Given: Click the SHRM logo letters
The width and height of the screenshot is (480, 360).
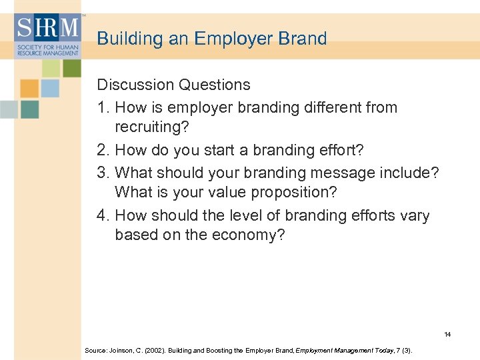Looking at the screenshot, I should pos(47,29).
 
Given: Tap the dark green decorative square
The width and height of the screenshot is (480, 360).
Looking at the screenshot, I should pos(71,68).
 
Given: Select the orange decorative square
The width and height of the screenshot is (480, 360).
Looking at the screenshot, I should pos(29,88).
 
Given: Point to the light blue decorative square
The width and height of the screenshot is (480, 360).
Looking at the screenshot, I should pos(50,88).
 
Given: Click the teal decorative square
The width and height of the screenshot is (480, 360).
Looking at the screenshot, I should pos(29,109).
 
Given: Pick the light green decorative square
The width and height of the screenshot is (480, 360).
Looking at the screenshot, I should pos(51,68).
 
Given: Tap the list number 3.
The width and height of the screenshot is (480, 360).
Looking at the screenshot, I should pos(102,173).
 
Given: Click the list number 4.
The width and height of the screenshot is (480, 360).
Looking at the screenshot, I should pos(102,216).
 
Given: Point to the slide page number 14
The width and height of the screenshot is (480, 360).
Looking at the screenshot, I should pos(447,334).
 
